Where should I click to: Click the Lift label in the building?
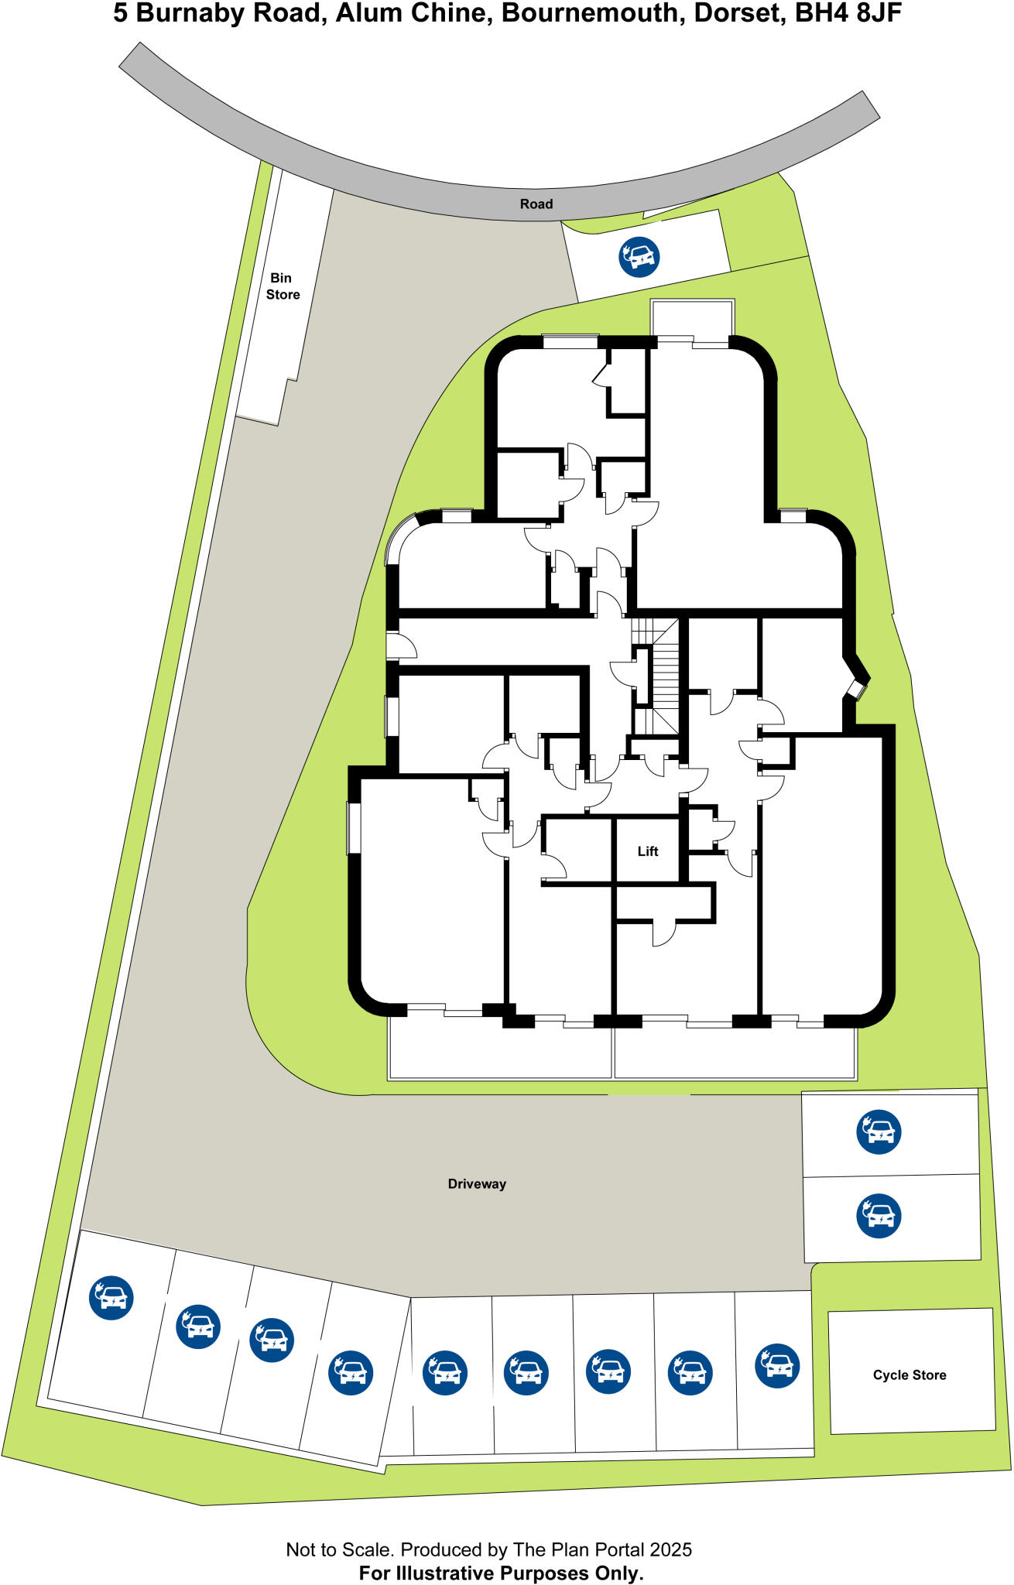point(648,851)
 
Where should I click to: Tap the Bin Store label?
point(282,286)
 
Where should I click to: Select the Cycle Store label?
point(910,1374)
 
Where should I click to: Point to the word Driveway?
point(477,1183)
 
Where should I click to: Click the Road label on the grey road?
point(536,204)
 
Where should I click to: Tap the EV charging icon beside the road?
point(639,257)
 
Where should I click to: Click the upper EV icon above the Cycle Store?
point(879,1131)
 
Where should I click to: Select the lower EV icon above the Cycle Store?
point(879,1216)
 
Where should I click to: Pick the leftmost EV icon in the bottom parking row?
point(111,1298)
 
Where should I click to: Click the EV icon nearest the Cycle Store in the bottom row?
point(777,1366)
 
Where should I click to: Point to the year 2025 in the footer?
point(670,1549)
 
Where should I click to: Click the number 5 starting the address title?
point(121,14)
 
